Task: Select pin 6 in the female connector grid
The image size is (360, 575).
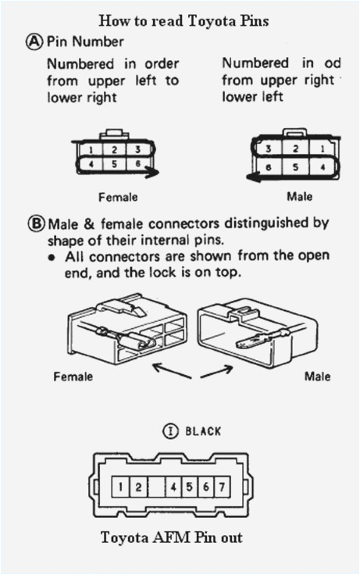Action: [136, 165]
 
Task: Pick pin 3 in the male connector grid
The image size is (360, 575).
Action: [268, 148]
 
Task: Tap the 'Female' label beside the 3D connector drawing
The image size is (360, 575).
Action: [73, 377]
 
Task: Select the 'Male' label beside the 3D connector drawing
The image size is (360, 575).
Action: [316, 377]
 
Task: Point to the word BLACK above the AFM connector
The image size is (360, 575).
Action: [204, 431]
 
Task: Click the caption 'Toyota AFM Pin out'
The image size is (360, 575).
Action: [173, 538]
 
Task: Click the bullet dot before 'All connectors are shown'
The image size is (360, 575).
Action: [50, 256]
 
